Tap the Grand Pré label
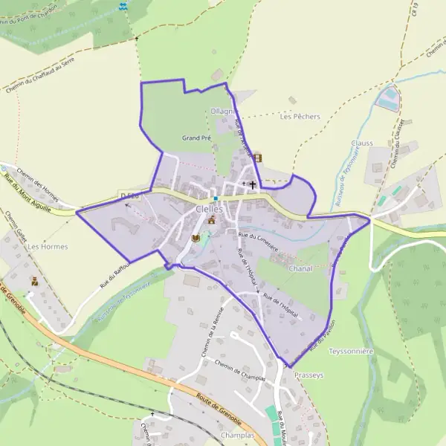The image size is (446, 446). pyautogui.click(x=195, y=138)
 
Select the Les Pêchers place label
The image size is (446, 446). pyautogui.click(x=300, y=117)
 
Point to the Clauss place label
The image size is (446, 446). pyautogui.click(x=362, y=143)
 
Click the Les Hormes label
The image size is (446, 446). pyautogui.click(x=47, y=246)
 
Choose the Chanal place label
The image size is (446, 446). pyautogui.click(x=300, y=268)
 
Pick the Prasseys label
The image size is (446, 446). pyautogui.click(x=309, y=375)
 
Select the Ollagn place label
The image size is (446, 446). pyautogui.click(x=222, y=111)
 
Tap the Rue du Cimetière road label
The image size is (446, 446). pyautogui.click(x=258, y=242)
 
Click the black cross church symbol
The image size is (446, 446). pyautogui.click(x=252, y=184)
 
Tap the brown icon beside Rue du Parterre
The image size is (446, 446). pyautogui.click(x=258, y=158)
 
